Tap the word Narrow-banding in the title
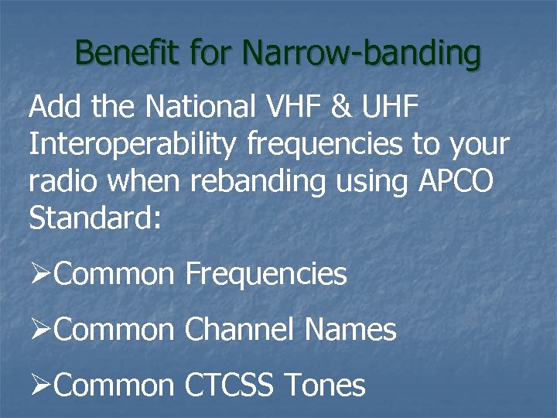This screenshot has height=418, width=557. coord(361,53)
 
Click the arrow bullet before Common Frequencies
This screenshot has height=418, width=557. coord(40,274)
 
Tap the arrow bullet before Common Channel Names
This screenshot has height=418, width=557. coord(40,331)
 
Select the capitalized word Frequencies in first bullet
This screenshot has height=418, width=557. coord(266,274)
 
